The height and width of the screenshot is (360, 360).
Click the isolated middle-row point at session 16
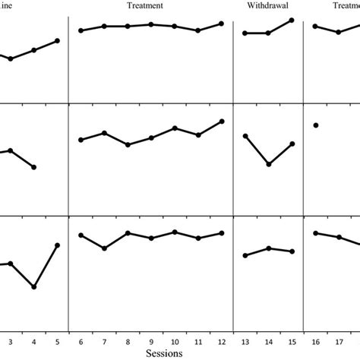click(x=315, y=125)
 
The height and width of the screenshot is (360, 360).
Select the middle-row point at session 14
click(x=269, y=164)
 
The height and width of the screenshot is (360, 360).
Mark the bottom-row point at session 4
click(x=34, y=287)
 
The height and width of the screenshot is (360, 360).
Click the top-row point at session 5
click(x=58, y=40)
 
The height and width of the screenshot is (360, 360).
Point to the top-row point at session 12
click(x=222, y=24)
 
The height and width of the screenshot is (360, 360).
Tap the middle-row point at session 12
click(x=222, y=121)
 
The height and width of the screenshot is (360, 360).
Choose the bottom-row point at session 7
click(x=104, y=248)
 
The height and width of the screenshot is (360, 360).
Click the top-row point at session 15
click(x=292, y=20)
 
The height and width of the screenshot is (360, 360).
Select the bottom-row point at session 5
click(x=58, y=245)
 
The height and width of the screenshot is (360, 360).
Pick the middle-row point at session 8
click(x=128, y=144)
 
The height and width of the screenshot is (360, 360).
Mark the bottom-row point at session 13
click(x=245, y=255)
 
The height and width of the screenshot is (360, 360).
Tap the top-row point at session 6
click(x=81, y=30)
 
